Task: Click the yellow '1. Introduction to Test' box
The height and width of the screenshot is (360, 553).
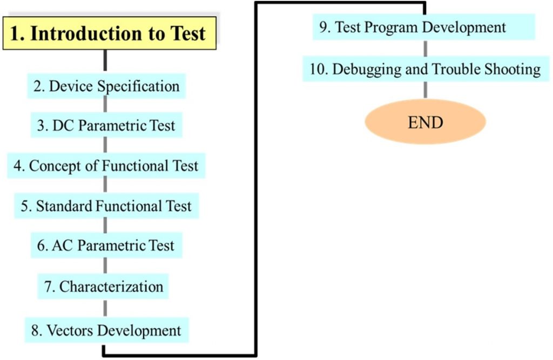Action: click(109, 33)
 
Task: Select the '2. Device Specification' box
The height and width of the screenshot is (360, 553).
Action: click(106, 86)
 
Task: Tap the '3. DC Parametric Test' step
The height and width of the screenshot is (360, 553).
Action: click(106, 125)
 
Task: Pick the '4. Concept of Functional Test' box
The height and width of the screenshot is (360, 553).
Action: click(106, 166)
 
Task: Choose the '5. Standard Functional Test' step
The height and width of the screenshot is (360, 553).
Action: click(106, 206)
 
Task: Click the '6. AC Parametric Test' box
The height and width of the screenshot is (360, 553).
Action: click(106, 246)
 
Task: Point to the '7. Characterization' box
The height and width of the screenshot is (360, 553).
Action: click(103, 286)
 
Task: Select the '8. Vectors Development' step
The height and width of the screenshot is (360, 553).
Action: click(106, 330)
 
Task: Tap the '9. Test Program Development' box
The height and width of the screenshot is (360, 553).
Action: click(424, 27)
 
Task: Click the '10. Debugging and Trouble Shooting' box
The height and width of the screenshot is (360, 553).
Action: click(426, 69)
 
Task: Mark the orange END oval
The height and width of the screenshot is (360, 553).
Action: click(426, 122)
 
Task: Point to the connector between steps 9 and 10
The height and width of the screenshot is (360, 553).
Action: click(426, 48)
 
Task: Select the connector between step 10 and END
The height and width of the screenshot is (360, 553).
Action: click(426, 90)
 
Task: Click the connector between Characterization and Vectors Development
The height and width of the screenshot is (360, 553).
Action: click(105, 308)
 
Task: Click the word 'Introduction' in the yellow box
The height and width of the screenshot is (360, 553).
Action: click(87, 33)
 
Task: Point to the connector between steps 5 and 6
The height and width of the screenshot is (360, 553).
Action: click(105, 226)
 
